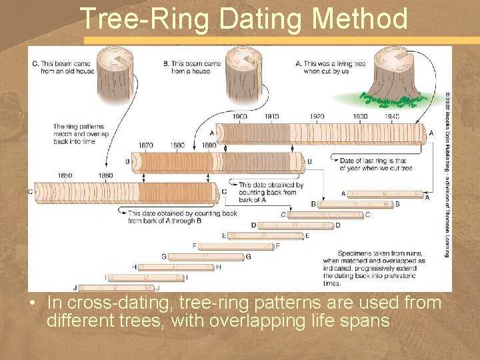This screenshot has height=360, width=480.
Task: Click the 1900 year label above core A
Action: (239, 117)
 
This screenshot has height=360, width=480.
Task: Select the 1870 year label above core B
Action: (145, 145)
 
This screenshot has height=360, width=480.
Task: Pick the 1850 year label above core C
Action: (65, 175)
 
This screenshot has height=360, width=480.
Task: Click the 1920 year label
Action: (317, 117)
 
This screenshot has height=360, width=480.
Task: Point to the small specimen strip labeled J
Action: (116, 288)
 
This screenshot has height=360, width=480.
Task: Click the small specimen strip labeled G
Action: (205, 257)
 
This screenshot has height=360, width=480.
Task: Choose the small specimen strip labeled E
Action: (265, 236)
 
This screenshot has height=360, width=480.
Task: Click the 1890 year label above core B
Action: (209, 145)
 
